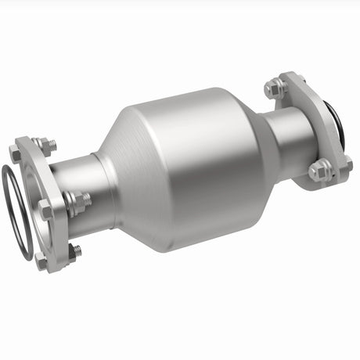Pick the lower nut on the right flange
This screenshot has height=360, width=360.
[320, 170]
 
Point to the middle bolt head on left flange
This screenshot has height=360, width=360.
[45, 210]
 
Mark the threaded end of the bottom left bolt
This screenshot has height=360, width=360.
[75, 252]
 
